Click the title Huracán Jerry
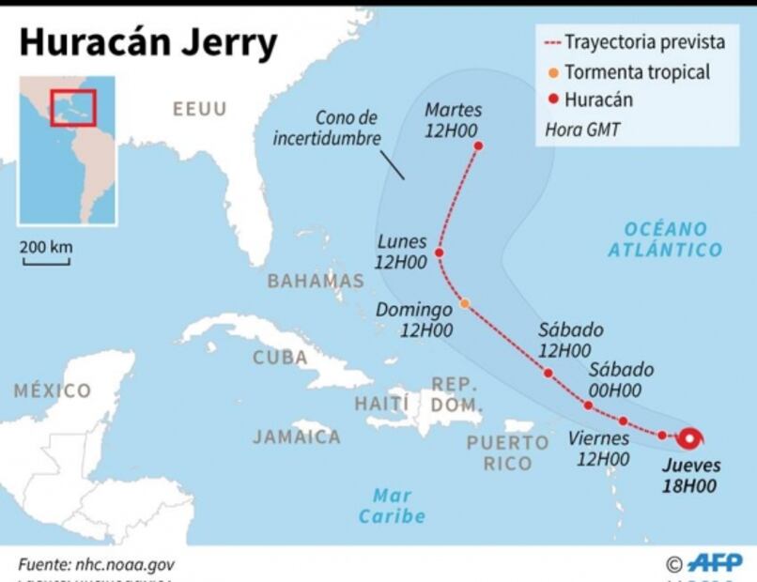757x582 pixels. click(148, 43)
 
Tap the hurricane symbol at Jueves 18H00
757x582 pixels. click(692, 437)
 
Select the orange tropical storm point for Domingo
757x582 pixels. click(465, 303)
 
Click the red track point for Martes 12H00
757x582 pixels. click(478, 146)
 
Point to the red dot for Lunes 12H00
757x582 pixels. click(439, 253)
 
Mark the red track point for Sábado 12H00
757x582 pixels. click(548, 373)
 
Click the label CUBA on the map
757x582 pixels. click(280, 358)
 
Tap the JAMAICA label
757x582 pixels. click(296, 436)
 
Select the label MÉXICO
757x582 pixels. click(53, 391)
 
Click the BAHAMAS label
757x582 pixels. click(316, 281)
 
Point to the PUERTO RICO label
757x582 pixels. click(507, 452)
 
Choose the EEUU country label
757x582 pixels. click(199, 110)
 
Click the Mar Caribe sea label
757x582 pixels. click(392, 506)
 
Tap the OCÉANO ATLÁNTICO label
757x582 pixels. click(665, 239)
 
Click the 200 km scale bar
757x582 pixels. click(46, 261)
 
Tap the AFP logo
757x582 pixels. click(714, 562)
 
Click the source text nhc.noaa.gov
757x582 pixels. click(96, 564)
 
